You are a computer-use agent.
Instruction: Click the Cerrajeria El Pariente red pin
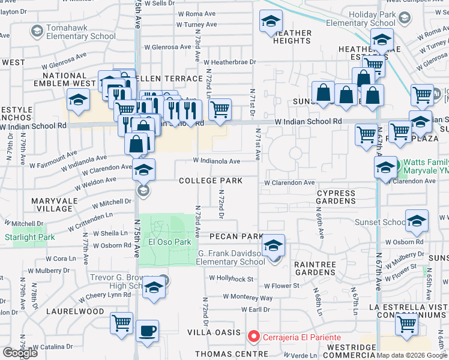pyautogui.click(x=254, y=337)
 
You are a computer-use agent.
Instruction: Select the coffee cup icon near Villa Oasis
pyautogui.click(x=147, y=331)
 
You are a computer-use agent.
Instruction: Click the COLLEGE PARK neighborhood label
pyautogui.click(x=210, y=181)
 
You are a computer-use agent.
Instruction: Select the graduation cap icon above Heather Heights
pyautogui.click(x=271, y=22)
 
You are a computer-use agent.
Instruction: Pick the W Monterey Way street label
pyautogui.click(x=247, y=298)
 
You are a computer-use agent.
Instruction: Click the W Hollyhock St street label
pyautogui.click(x=231, y=278)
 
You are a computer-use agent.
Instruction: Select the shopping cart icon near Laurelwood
pyautogui.click(x=122, y=323)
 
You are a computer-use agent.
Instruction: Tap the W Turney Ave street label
pyautogui.click(x=196, y=25)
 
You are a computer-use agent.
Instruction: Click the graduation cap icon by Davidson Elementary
pyautogui.click(x=273, y=246)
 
